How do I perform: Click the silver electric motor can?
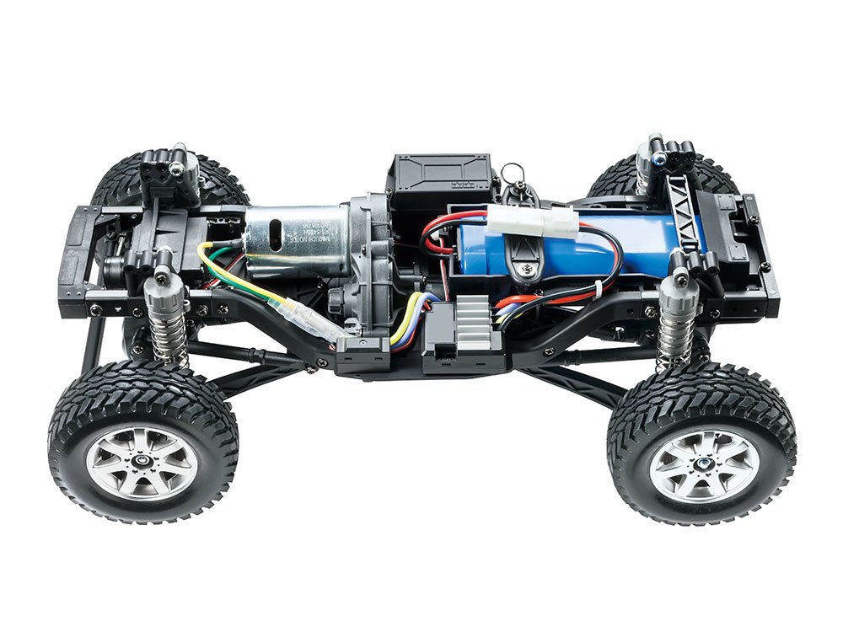(x=295, y=240)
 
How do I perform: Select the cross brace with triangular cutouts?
(x=687, y=211)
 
